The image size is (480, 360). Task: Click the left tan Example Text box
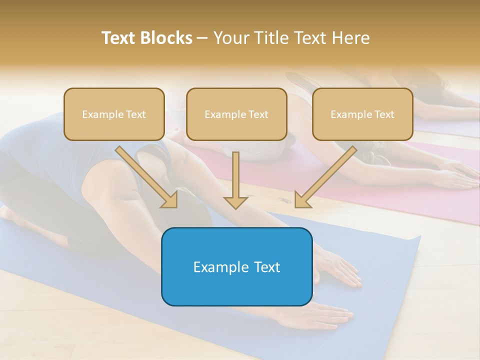click(x=114, y=114)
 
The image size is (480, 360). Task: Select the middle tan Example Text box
click(x=236, y=114)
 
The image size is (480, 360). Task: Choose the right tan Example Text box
click(x=362, y=114)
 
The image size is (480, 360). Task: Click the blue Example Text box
click(x=236, y=266)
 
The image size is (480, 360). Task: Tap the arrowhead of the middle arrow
click(x=235, y=202)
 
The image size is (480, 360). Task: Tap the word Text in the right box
click(x=383, y=114)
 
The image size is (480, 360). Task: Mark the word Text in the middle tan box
click(x=258, y=114)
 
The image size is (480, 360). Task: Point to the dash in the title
click(x=202, y=38)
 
